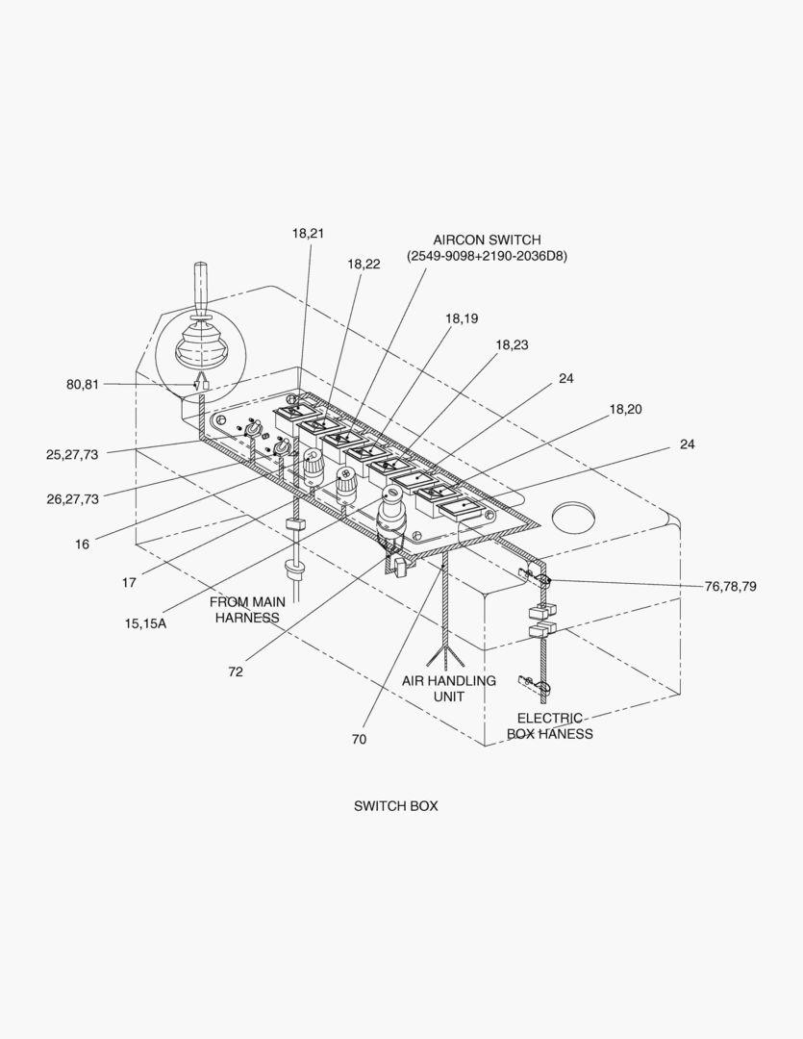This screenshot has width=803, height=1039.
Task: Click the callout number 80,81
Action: [83, 385]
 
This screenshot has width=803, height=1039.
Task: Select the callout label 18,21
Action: [308, 233]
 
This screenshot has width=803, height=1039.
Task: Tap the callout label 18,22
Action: [364, 264]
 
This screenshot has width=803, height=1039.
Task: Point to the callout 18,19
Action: [461, 318]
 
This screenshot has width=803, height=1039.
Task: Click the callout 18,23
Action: [512, 344]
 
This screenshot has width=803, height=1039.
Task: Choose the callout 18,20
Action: [625, 409]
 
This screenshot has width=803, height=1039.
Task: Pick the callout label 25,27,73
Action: [72, 455]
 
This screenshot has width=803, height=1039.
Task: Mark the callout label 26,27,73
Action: [72, 499]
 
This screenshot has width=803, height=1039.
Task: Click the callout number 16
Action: [83, 545]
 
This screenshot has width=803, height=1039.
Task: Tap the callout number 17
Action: [129, 582]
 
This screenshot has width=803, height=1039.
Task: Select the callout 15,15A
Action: [145, 623]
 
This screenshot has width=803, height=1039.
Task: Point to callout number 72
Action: [236, 672]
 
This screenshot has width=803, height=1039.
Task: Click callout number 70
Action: [359, 740]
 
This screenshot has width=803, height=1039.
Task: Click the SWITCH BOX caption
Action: [395, 806]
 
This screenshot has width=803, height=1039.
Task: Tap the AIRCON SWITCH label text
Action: [487, 240]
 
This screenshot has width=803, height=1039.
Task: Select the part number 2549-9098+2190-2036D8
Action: [487, 256]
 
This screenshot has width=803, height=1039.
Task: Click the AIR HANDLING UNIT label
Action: [449, 688]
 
